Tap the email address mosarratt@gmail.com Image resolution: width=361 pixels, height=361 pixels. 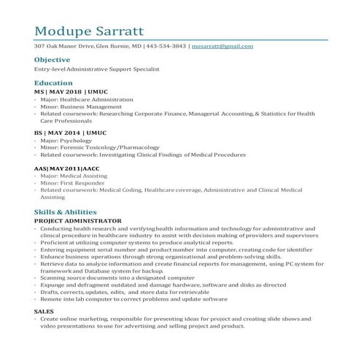click(x=222, y=46)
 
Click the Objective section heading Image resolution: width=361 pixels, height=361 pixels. click(x=52, y=59)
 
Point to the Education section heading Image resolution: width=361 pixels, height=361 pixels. click(x=53, y=83)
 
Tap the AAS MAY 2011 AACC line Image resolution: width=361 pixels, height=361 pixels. click(x=66, y=168)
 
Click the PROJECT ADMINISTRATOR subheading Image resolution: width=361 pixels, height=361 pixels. click(x=77, y=220)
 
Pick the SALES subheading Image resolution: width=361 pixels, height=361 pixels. click(x=44, y=311)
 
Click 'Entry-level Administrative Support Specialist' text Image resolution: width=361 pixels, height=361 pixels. click(x=96, y=69)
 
